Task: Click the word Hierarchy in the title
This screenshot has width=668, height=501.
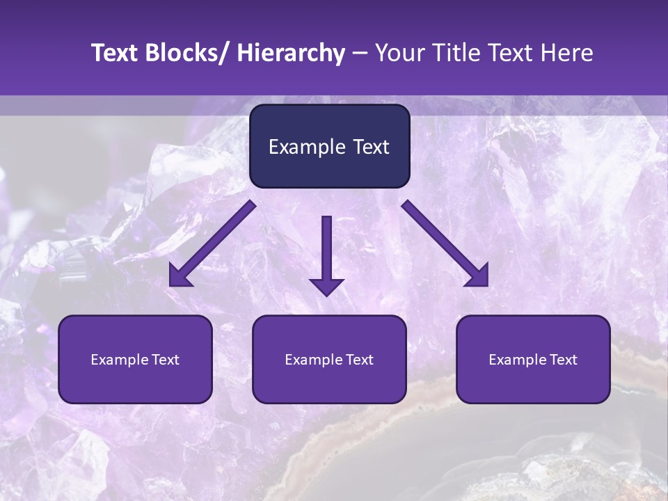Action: tap(291, 54)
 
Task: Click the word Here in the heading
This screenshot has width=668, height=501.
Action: tap(565, 54)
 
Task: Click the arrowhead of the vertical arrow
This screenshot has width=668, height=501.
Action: tap(326, 286)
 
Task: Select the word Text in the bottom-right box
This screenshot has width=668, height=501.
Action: tap(562, 360)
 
